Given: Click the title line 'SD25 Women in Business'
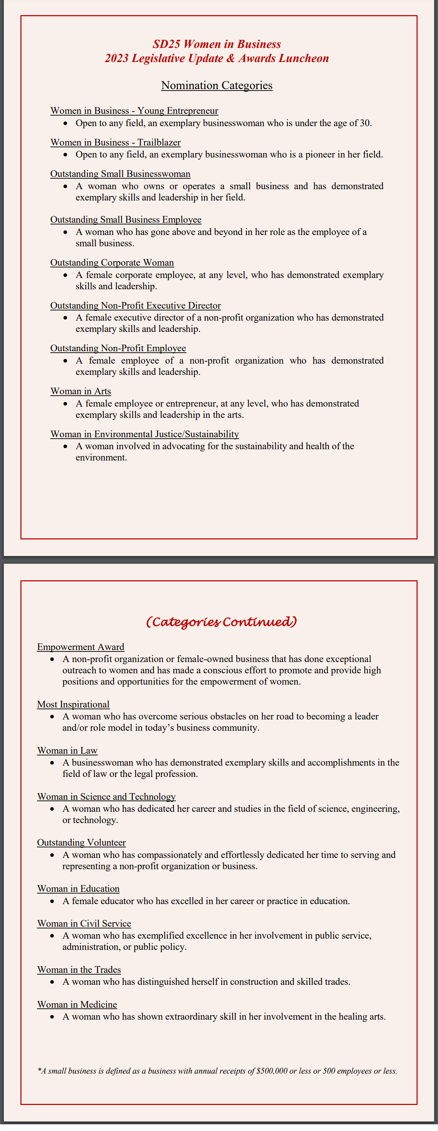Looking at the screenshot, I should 217,44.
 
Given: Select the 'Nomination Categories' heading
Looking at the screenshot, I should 217,85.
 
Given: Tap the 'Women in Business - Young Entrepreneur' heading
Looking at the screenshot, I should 134,111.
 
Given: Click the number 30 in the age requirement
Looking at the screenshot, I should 365,123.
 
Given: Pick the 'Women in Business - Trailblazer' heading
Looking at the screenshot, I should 115,142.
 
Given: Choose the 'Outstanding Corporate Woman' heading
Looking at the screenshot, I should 112,262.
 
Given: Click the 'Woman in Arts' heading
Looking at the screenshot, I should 81,391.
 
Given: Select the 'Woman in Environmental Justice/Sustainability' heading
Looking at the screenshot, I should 145,434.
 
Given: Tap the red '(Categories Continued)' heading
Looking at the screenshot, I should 221,622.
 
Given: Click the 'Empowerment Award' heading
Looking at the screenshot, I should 81,647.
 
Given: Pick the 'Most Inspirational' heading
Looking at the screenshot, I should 73,704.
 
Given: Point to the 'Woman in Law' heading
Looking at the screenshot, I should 67,750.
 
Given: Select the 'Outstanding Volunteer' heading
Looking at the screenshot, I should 81,842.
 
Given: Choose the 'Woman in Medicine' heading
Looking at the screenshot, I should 77,1005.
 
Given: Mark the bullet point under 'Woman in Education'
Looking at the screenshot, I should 52,901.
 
